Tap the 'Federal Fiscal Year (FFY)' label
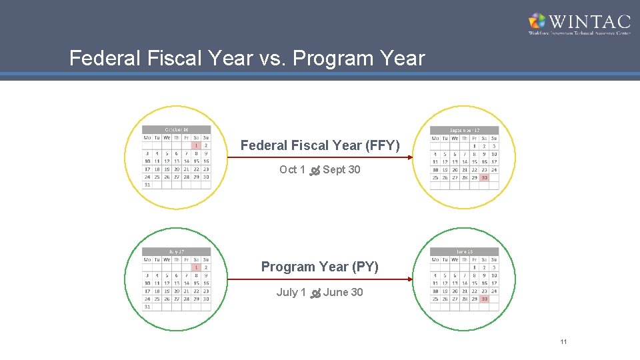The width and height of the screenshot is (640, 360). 320,145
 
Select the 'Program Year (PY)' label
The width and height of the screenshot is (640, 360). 320,267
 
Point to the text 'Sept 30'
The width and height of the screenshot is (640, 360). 341,170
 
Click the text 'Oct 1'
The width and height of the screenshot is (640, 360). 292,170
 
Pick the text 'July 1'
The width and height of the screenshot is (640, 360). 291,293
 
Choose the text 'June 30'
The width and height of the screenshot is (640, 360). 343,293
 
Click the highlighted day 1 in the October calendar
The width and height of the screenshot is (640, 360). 196,145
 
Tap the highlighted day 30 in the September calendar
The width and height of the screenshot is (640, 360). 484,177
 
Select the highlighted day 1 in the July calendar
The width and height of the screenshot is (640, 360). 196,267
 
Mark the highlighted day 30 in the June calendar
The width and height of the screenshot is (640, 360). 484,299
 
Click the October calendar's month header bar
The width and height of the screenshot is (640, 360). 177,129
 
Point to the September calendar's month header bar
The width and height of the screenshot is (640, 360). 465,130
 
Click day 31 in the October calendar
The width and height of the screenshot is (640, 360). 147,185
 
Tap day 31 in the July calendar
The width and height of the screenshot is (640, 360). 147,307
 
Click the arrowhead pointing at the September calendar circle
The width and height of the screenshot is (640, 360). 409,158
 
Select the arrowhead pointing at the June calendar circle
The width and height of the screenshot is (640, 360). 409,280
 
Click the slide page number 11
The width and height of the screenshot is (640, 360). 563,342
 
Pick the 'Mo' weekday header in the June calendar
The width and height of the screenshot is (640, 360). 435,259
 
